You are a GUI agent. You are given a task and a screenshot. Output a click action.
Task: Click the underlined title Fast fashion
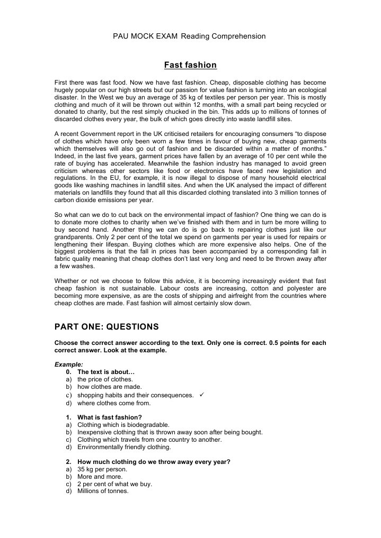(x=190, y=65)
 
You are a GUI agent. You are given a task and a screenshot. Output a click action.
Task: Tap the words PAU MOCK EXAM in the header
(x=145, y=36)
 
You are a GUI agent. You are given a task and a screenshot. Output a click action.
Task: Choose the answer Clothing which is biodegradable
(x=123, y=424)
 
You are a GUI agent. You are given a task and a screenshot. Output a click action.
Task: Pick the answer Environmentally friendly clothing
(x=124, y=446)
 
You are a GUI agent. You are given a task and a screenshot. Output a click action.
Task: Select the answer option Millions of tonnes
(x=103, y=491)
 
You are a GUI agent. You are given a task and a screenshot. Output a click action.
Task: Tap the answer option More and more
(x=100, y=476)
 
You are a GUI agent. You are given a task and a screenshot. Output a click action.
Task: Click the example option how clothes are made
(x=109, y=387)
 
